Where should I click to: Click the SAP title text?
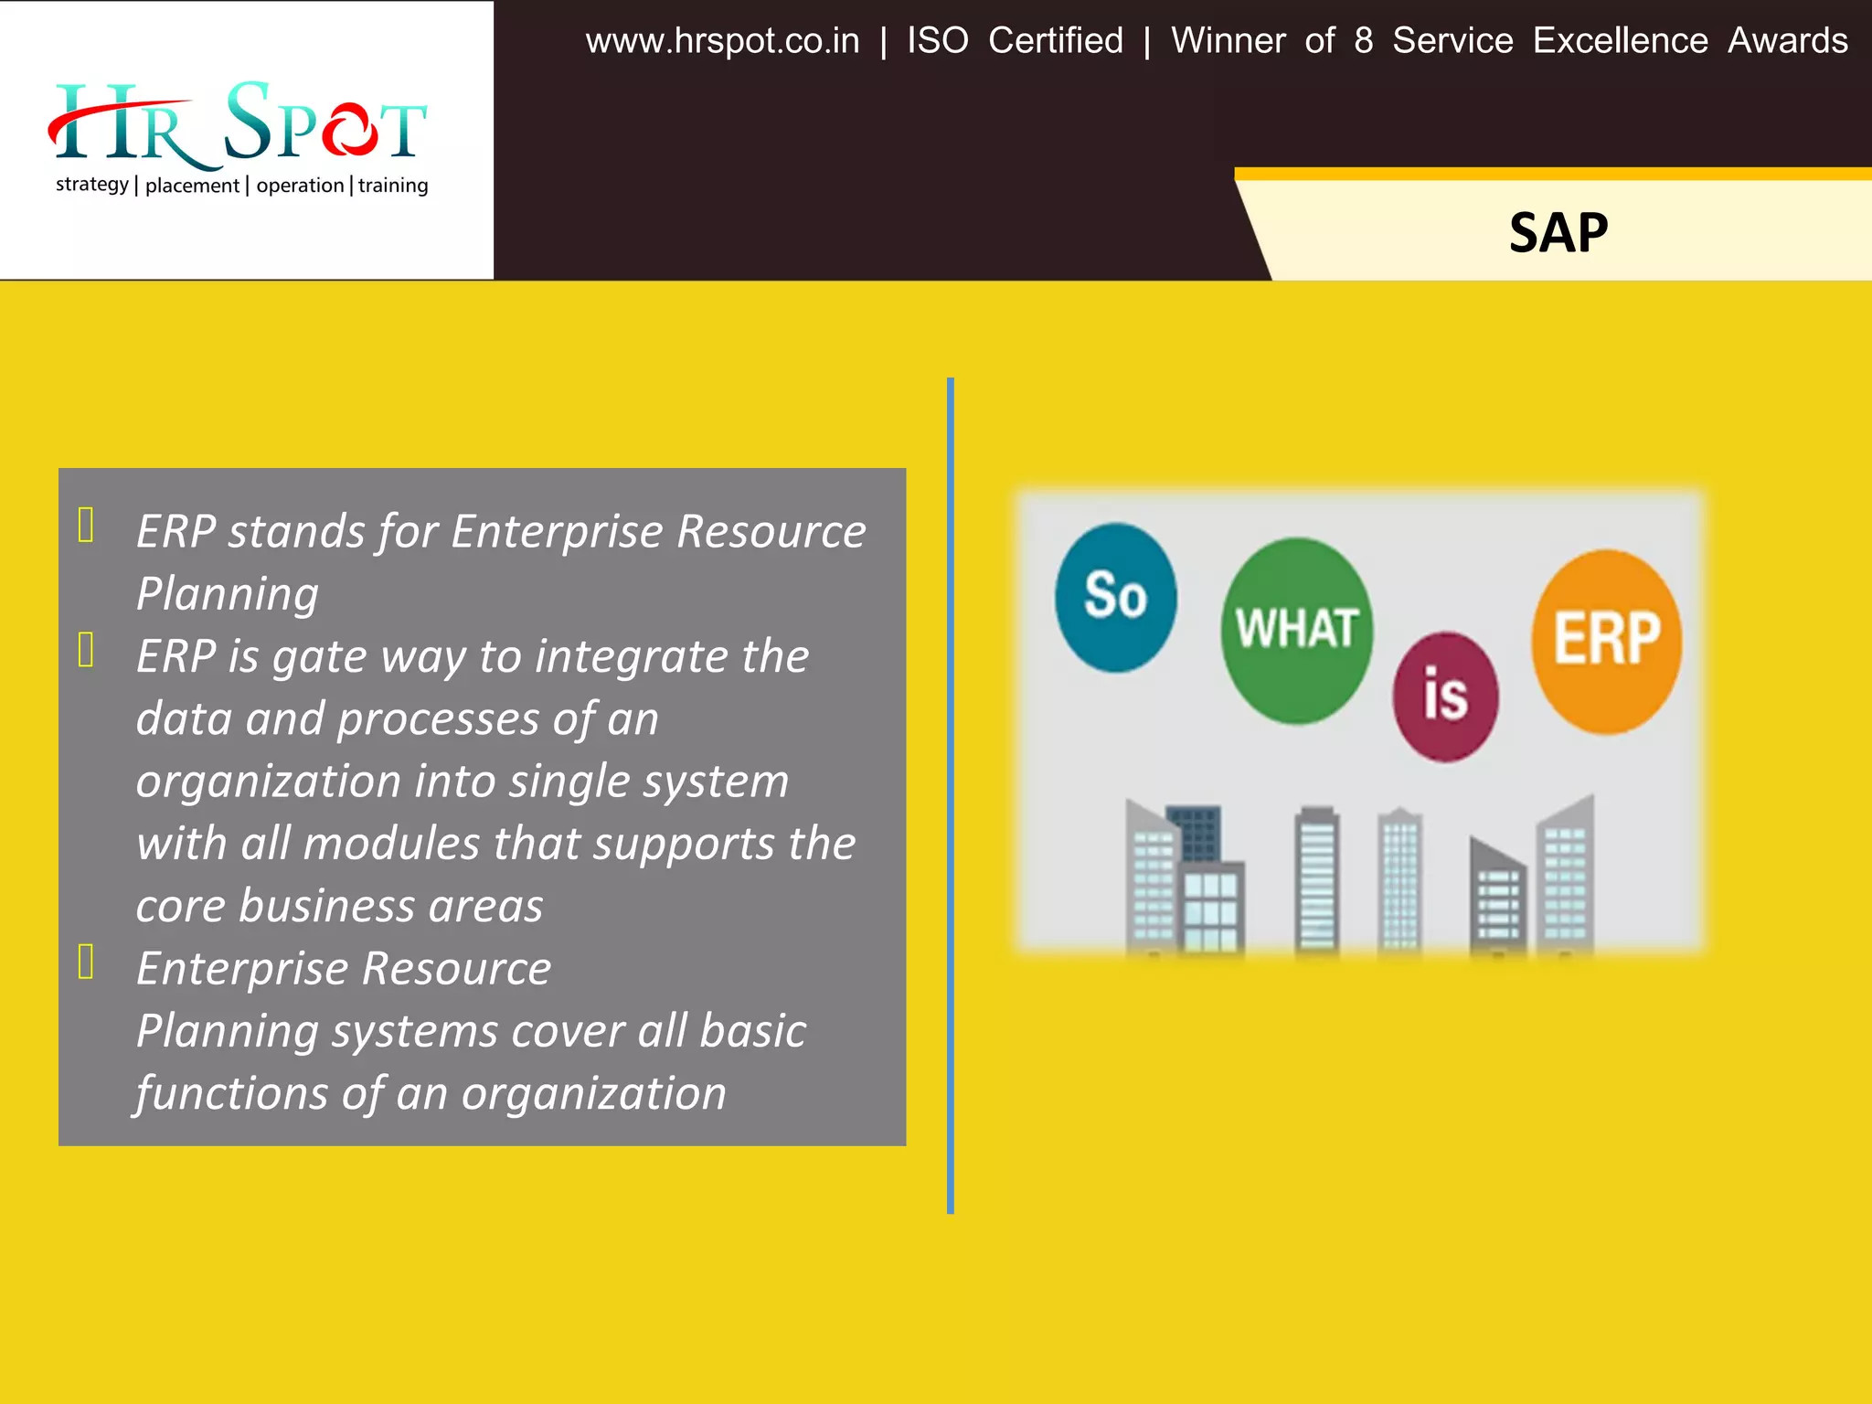pos(1558,232)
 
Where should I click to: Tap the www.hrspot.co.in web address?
pos(722,41)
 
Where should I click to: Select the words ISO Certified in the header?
pos(1015,41)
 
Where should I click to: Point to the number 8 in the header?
pos(1363,41)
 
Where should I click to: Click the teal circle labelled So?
pos(1115,598)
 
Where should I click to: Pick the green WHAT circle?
pos(1296,631)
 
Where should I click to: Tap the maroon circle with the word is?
pos(1445,697)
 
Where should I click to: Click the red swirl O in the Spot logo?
pos(348,130)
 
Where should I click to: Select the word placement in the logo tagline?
pos(192,186)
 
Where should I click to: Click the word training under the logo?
pos(393,186)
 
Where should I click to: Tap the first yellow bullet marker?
pos(86,526)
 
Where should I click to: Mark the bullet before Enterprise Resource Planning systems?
pos(86,962)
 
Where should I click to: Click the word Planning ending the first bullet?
pos(228,594)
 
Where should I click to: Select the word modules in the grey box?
pos(391,844)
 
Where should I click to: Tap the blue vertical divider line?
pos(951,795)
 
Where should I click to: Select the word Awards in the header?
pos(1787,41)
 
